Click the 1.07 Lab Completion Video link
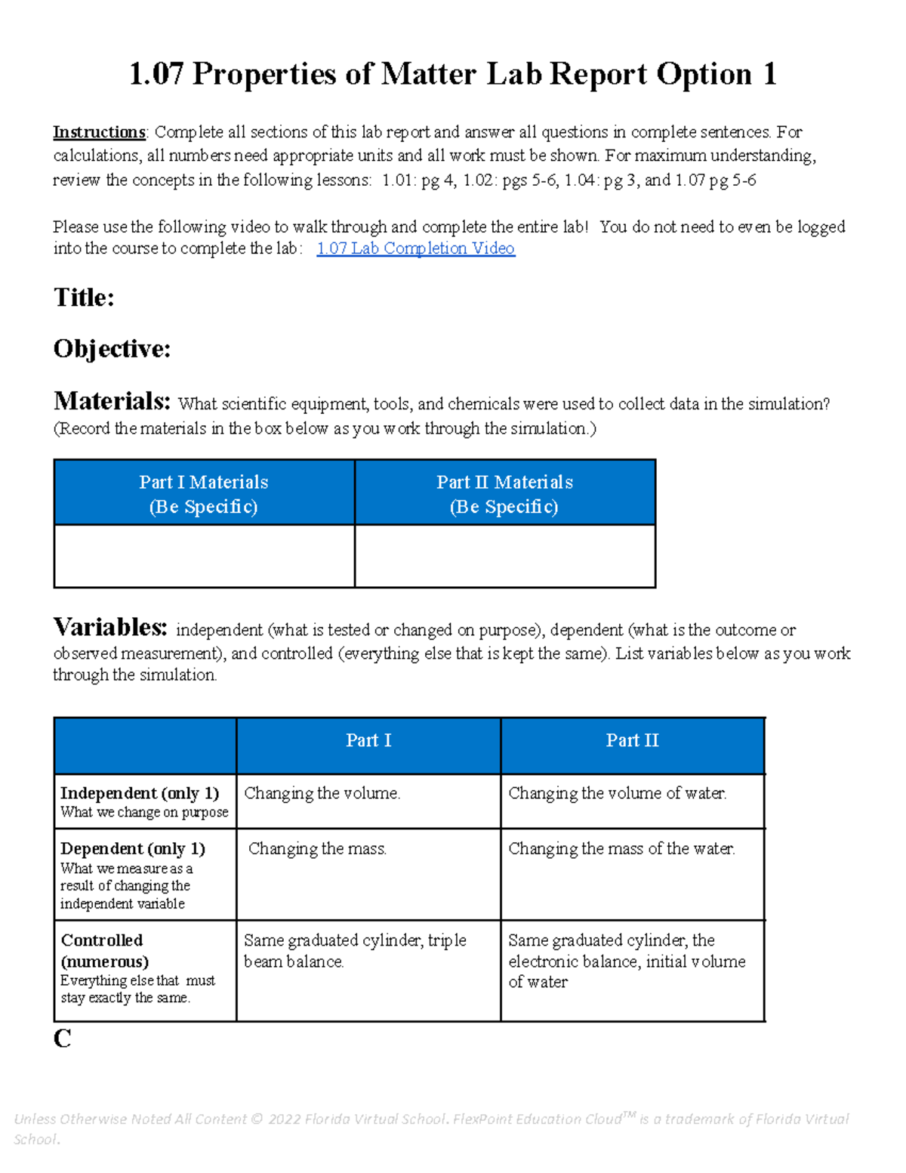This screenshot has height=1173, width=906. pyautogui.click(x=415, y=248)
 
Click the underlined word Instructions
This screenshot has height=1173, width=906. pyautogui.click(x=99, y=132)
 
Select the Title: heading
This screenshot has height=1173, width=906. pyautogui.click(x=84, y=298)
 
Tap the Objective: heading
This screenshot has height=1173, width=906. pyautogui.click(x=112, y=349)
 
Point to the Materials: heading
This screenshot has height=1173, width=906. pyautogui.click(x=112, y=401)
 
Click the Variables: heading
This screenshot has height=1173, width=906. pyautogui.click(x=110, y=628)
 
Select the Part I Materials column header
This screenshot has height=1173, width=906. pyautogui.click(x=204, y=493)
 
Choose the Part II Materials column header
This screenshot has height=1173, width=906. pyautogui.click(x=504, y=493)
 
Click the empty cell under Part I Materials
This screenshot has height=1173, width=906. pyautogui.click(x=204, y=557)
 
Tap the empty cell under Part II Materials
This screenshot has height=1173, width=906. pyautogui.click(x=504, y=557)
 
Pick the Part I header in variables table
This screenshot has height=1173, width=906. pyautogui.click(x=368, y=741)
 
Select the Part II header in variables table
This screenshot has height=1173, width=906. pyautogui.click(x=632, y=741)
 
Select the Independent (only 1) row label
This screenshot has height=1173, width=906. pyautogui.click(x=140, y=794)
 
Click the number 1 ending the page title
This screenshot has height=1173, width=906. pyautogui.click(x=769, y=75)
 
